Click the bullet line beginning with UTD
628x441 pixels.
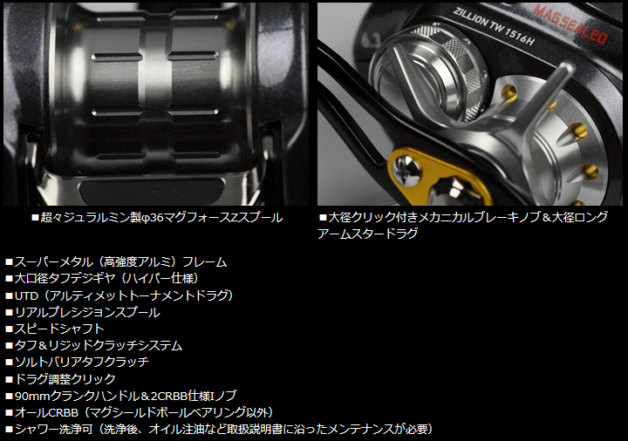click(119, 295)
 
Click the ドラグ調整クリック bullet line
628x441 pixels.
click(65, 378)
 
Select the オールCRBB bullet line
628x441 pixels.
click(140, 411)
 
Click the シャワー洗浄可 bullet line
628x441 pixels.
click(218, 428)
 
